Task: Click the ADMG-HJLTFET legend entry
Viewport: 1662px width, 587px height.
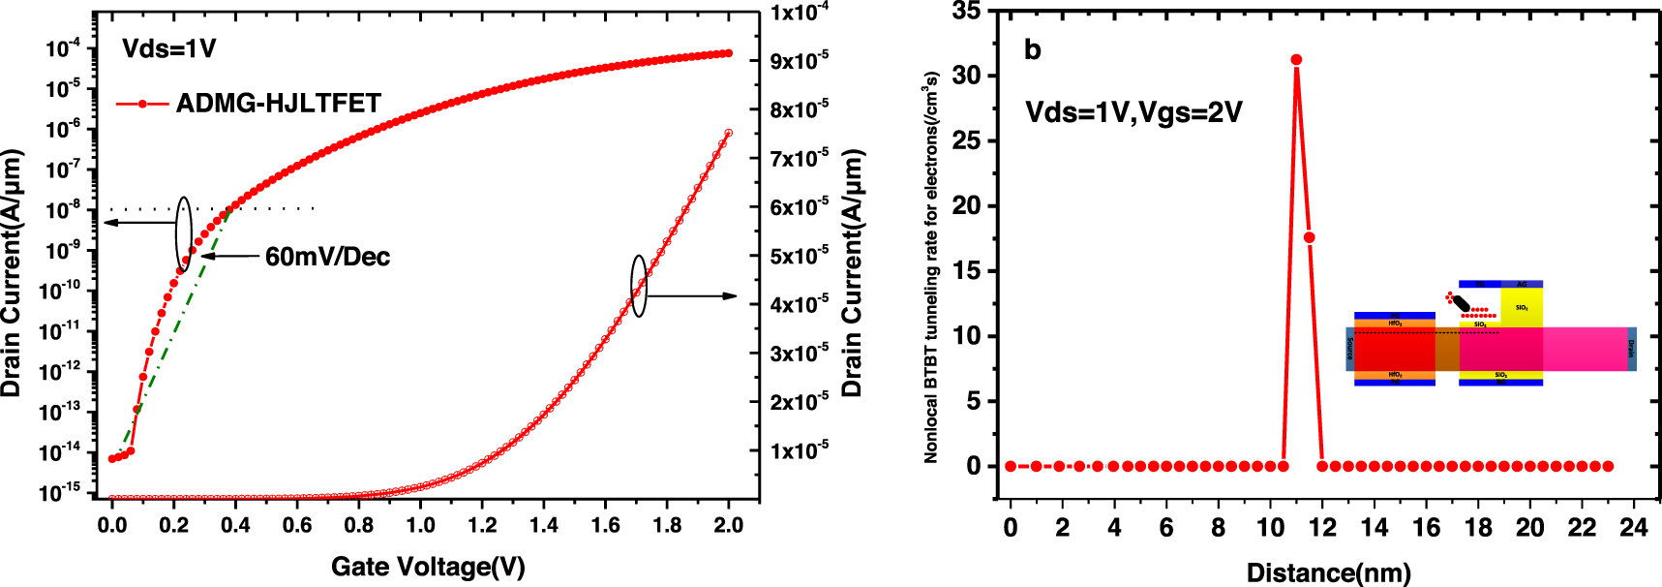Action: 278,104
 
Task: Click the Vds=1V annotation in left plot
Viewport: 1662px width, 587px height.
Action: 169,48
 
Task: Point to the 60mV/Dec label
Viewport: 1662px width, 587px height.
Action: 327,257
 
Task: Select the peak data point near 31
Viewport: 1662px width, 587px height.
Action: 1296,60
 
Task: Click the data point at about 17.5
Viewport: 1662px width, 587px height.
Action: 1309,237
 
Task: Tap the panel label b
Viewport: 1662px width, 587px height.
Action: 1033,50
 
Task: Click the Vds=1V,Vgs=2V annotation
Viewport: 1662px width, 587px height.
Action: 1133,112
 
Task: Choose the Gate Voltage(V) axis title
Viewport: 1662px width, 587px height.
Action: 428,567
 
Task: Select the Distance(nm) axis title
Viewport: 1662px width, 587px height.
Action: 1328,572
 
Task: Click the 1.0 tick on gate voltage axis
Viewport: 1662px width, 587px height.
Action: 420,525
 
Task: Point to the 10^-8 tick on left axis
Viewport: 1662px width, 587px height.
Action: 66,211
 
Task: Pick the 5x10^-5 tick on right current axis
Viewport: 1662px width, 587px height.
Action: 799,256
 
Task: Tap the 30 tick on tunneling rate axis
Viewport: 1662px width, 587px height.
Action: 966,76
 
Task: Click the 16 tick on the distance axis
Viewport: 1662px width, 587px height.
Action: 1426,527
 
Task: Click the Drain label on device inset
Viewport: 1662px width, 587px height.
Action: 1631,349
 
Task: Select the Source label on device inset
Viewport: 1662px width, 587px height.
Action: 1350,349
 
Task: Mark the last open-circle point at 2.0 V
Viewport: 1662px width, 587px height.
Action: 728,133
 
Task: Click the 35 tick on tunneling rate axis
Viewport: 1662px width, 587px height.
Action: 966,12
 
